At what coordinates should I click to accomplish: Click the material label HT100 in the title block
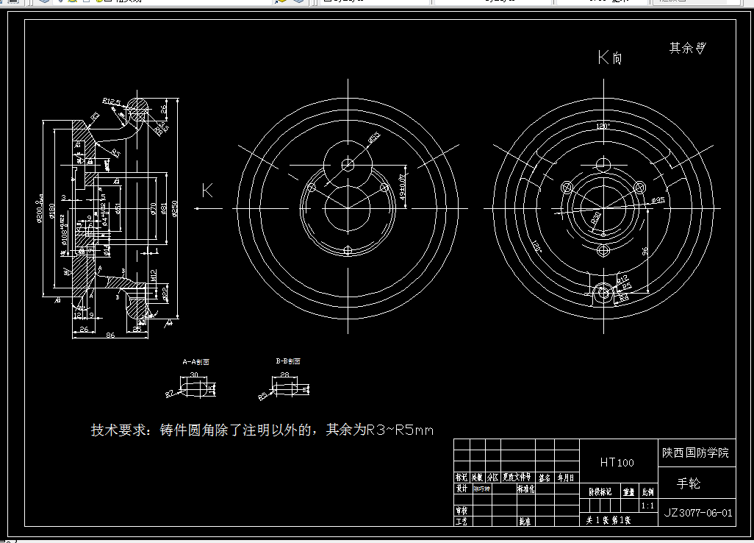(617, 463)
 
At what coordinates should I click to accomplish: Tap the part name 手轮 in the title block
(689, 483)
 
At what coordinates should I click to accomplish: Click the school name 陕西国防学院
(694, 453)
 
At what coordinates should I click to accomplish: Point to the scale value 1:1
(647, 506)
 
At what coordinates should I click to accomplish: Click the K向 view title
(610, 57)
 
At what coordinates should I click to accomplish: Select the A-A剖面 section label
(196, 362)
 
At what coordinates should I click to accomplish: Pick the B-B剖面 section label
(288, 361)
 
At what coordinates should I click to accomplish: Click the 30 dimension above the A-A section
(194, 375)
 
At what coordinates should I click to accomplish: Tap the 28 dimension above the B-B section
(284, 375)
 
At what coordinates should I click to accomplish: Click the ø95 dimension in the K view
(658, 200)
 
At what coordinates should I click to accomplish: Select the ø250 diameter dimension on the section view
(174, 209)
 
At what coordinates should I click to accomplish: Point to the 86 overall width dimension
(110, 336)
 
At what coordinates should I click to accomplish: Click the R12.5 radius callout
(112, 101)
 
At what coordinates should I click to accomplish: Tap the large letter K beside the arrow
(207, 191)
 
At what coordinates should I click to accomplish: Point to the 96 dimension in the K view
(645, 252)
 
